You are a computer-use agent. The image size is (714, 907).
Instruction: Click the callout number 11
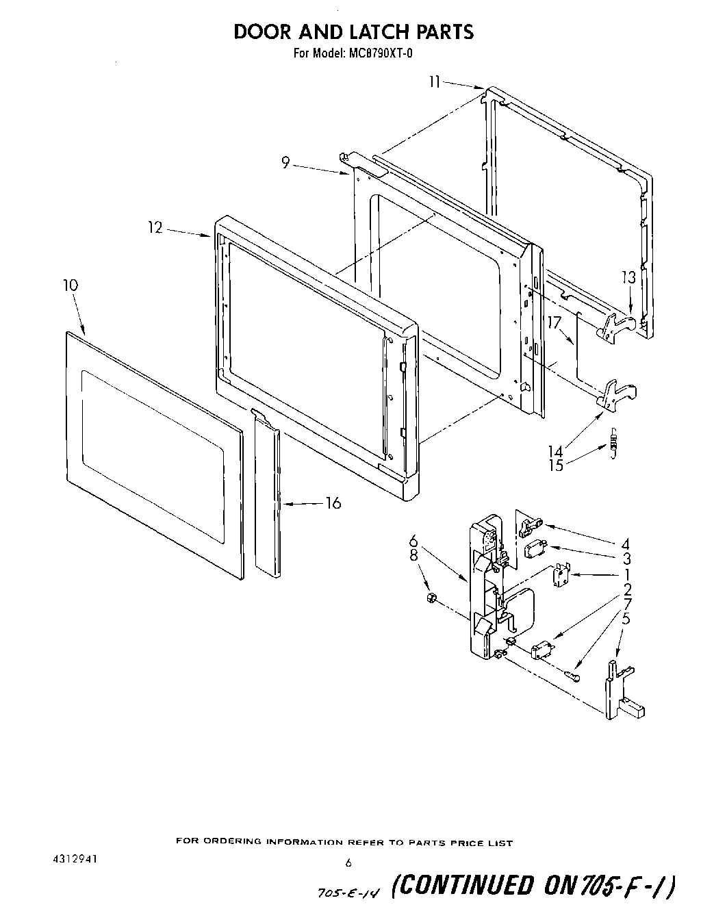tap(434, 82)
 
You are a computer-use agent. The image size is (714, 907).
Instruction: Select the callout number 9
tap(285, 162)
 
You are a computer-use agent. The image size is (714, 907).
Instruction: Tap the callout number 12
tap(156, 227)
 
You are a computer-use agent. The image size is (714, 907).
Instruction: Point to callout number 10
tap(70, 285)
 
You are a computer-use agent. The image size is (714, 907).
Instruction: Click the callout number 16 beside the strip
tap(333, 503)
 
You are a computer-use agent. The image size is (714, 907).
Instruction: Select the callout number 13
tap(629, 277)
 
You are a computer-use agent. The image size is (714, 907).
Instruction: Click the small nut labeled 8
tap(431, 599)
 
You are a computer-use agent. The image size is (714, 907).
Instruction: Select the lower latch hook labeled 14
tap(617, 395)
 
